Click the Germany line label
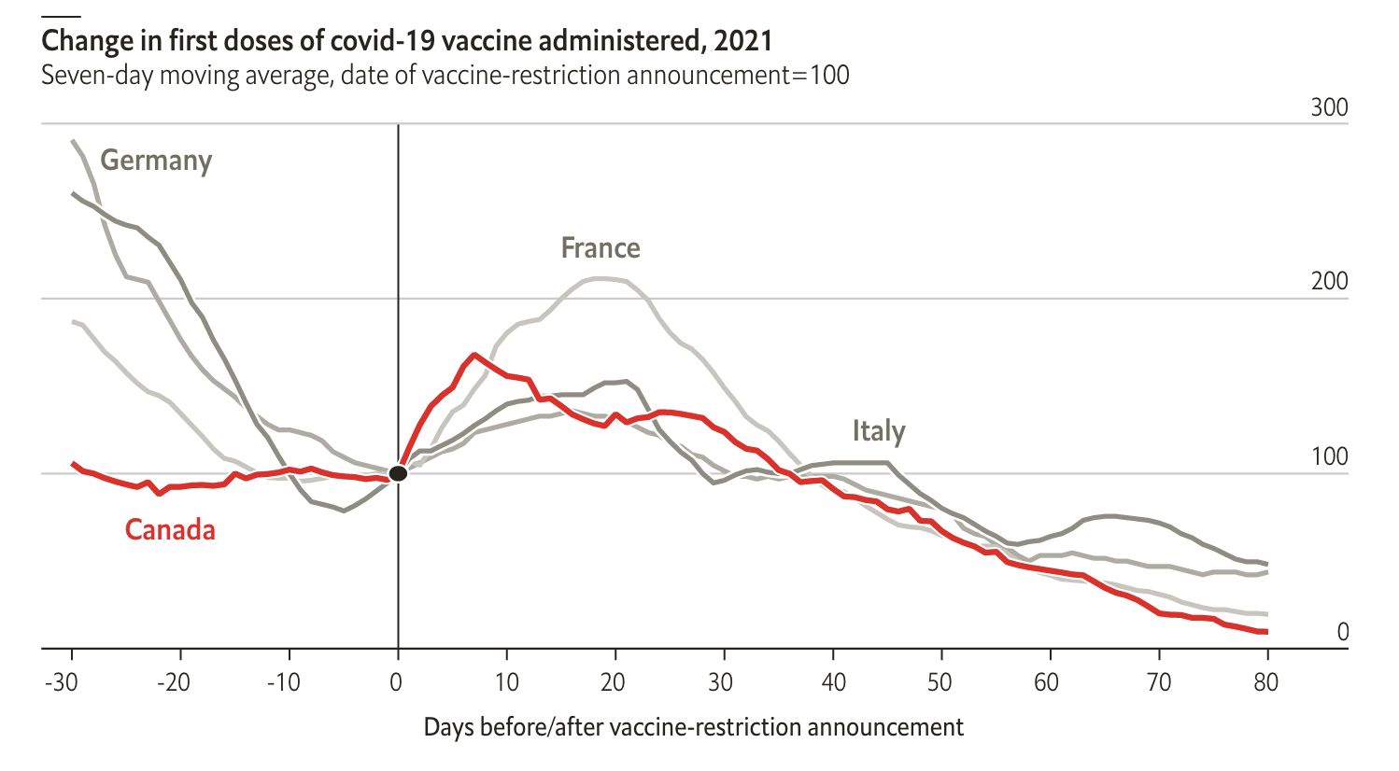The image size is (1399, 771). [x=156, y=161]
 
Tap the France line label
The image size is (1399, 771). [x=601, y=248]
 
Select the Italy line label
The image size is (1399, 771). [x=879, y=431]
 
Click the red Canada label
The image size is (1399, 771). [x=170, y=530]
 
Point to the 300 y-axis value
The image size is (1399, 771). [x=1329, y=107]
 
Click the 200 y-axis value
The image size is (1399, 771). [x=1329, y=281]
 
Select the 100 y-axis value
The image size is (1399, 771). [x=1329, y=456]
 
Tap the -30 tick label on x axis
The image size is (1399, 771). [x=62, y=682]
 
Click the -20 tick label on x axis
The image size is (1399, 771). [x=173, y=682]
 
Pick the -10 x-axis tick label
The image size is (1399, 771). [x=283, y=682]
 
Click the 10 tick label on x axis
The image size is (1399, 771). [x=506, y=682]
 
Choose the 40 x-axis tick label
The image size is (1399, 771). [x=833, y=682]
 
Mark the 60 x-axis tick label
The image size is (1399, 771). [x=1047, y=682]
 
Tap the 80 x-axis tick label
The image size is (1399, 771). [x=1265, y=682]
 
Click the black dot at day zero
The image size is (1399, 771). [x=398, y=473]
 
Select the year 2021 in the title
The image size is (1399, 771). [x=743, y=41]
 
